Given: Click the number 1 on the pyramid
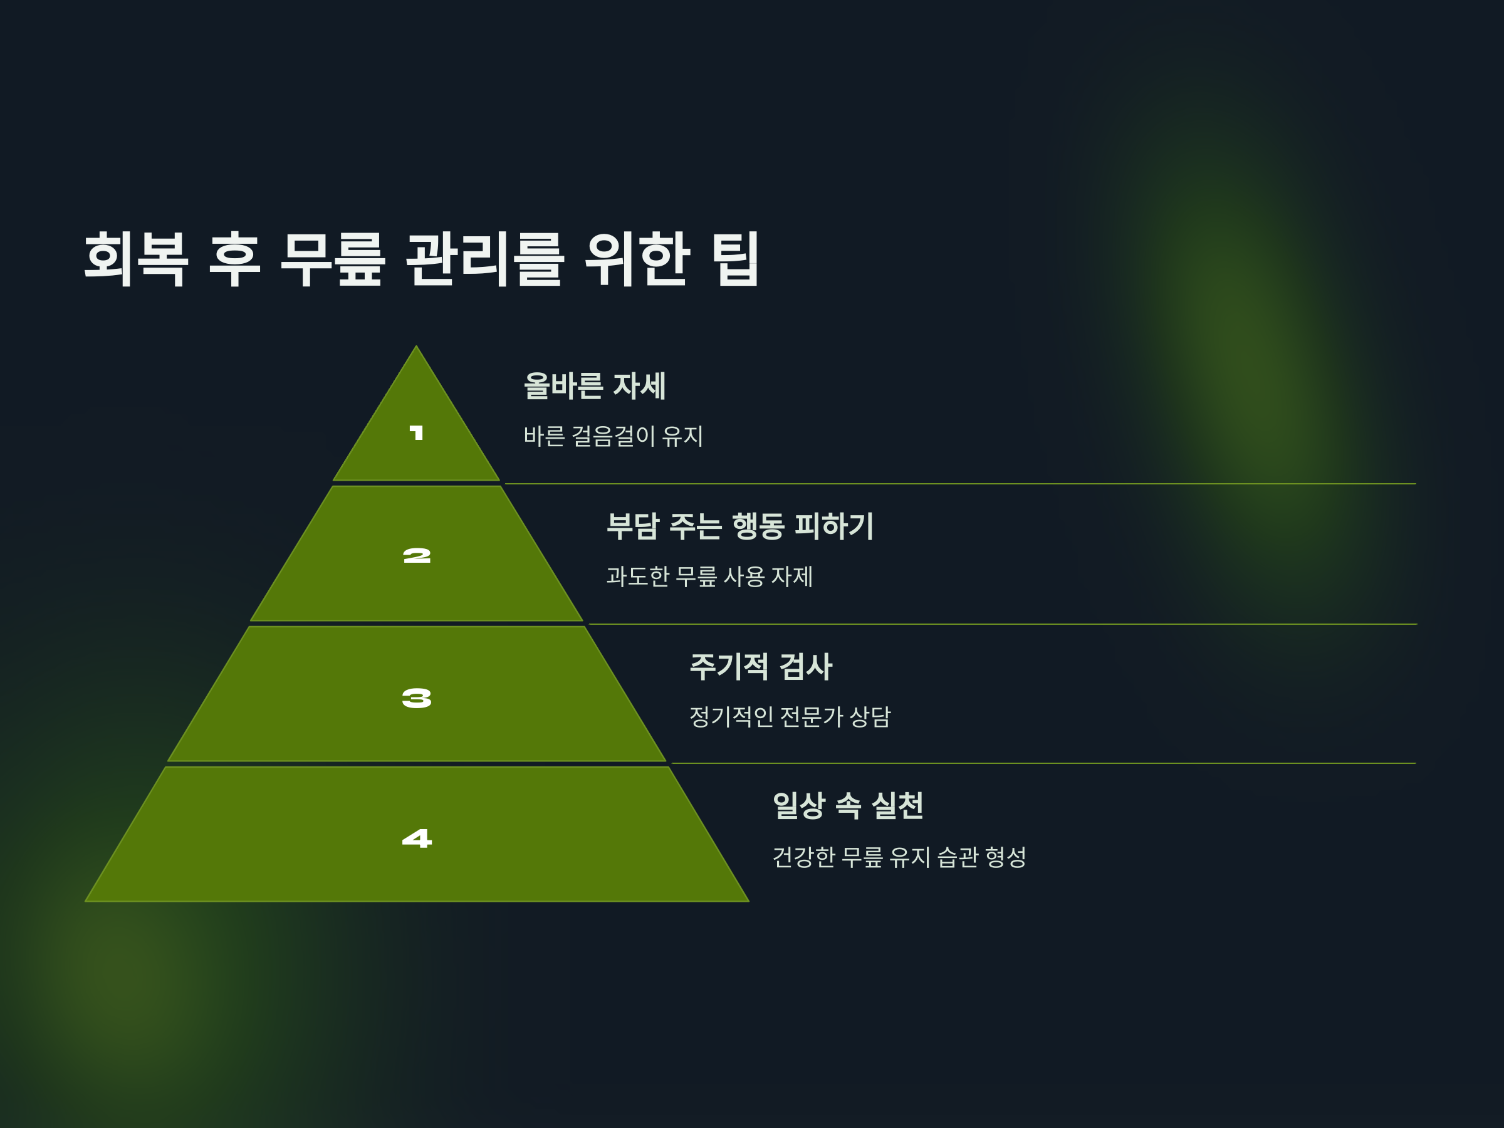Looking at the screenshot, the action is point(416,433).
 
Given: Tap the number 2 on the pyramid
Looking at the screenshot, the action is point(417,556).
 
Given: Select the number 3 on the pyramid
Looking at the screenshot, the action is point(417,698).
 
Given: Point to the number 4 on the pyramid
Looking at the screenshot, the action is point(417,838).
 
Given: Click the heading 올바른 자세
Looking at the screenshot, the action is point(594,385).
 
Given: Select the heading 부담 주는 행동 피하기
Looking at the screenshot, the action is point(739,526).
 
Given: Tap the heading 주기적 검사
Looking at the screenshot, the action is point(761,666).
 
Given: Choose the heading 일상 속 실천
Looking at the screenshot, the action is point(848,806).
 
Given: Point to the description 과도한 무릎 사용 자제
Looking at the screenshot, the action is point(709,577).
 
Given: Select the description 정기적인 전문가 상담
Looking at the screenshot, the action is point(790,717).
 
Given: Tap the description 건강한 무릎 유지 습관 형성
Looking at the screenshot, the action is point(899,857).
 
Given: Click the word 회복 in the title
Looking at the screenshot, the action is point(136,259).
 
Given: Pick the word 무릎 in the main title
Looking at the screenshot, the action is point(333,259).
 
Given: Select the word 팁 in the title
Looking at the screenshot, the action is point(735,259).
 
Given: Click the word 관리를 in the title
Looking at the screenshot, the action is point(485,259).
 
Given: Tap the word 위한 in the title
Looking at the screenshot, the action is point(637,259).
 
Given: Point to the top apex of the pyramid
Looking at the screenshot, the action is point(416,348).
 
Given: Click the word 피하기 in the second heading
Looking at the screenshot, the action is point(833,526).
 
